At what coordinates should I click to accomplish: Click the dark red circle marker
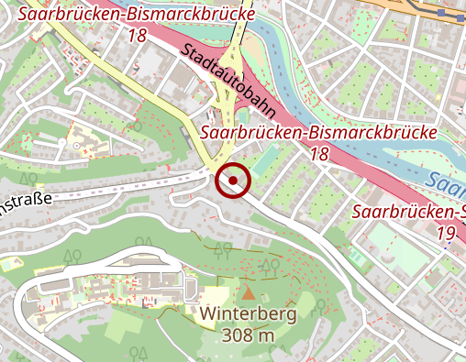coord(233,181)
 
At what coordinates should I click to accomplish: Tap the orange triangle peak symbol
coord(248,293)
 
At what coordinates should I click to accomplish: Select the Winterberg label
coord(248,314)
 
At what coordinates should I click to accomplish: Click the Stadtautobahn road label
coord(223,80)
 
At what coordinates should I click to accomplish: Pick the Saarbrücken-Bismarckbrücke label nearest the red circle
coord(317,133)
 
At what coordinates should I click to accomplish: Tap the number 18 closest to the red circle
coord(318,155)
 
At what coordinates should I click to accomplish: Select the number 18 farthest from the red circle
coord(138,36)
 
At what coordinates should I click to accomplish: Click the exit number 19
coord(446,234)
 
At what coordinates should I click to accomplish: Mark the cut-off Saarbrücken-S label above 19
coord(409,213)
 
